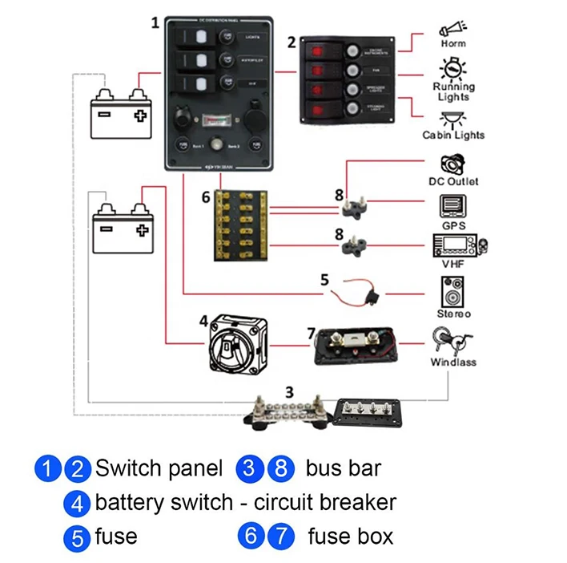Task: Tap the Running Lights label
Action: coord(455,91)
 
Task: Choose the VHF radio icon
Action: coord(460,245)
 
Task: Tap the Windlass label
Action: coord(453,362)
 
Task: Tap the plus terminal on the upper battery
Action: coord(141,115)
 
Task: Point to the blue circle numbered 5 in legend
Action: coord(77,537)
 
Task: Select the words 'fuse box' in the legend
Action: coord(350,536)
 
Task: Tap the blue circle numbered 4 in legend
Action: coord(77,503)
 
